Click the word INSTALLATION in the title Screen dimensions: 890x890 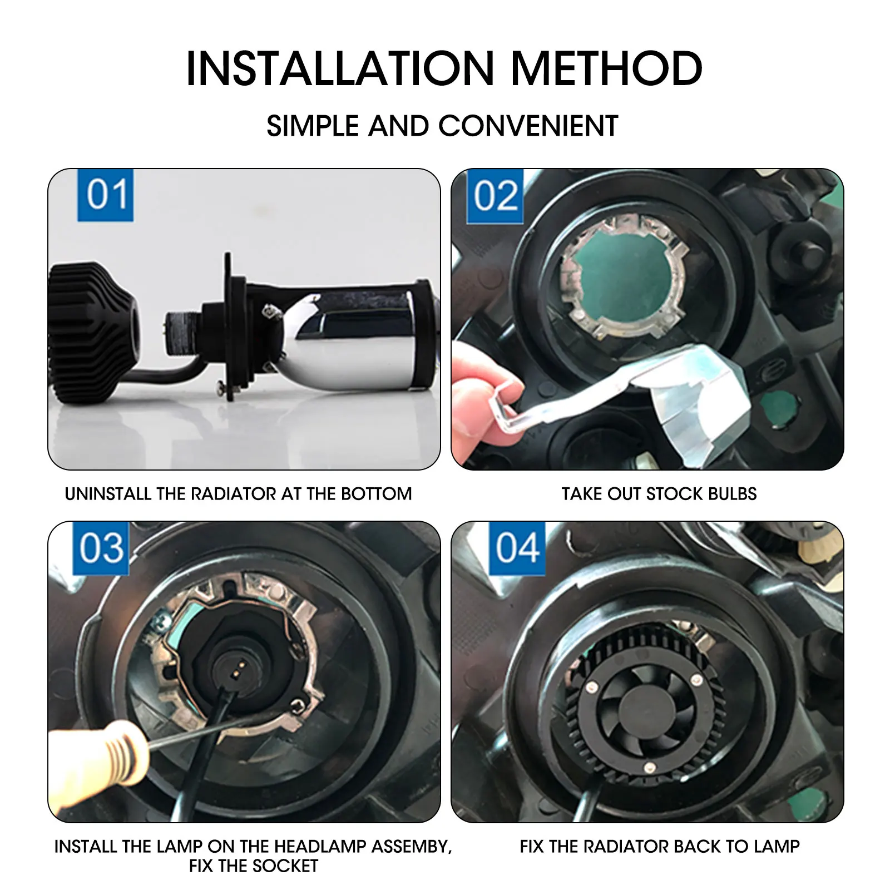pos(340,68)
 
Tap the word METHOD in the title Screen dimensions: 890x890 pos(606,68)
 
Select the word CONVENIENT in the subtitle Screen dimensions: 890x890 pos(528,126)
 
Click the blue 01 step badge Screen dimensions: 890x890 pos(105,195)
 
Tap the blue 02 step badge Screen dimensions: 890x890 pos(495,196)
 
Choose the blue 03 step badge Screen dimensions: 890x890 pos(101,548)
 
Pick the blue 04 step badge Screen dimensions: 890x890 pos(517,548)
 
